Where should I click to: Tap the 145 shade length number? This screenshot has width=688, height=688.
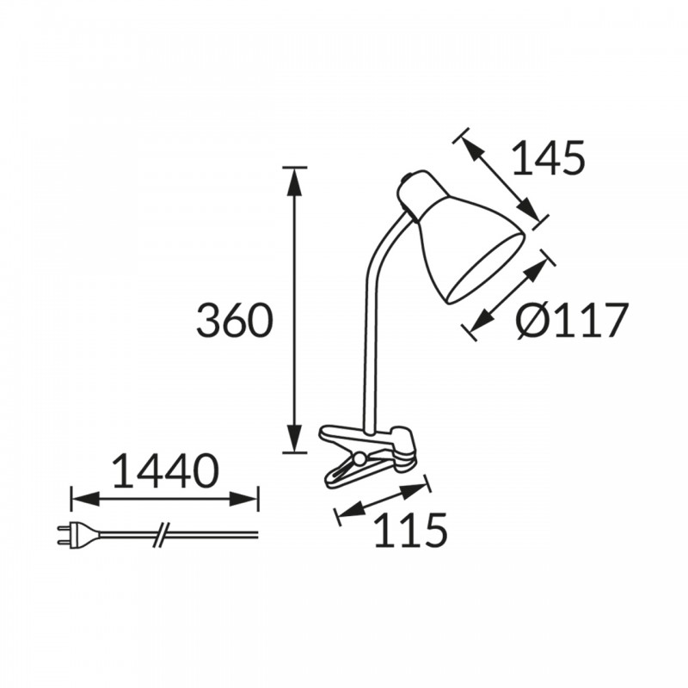(548, 157)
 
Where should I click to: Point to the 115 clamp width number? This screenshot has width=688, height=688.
(410, 530)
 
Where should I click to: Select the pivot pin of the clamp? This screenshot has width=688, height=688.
(359, 458)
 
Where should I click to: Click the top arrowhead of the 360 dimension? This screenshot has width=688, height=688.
(294, 181)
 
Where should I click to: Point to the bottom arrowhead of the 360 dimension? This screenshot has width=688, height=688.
(294, 438)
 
